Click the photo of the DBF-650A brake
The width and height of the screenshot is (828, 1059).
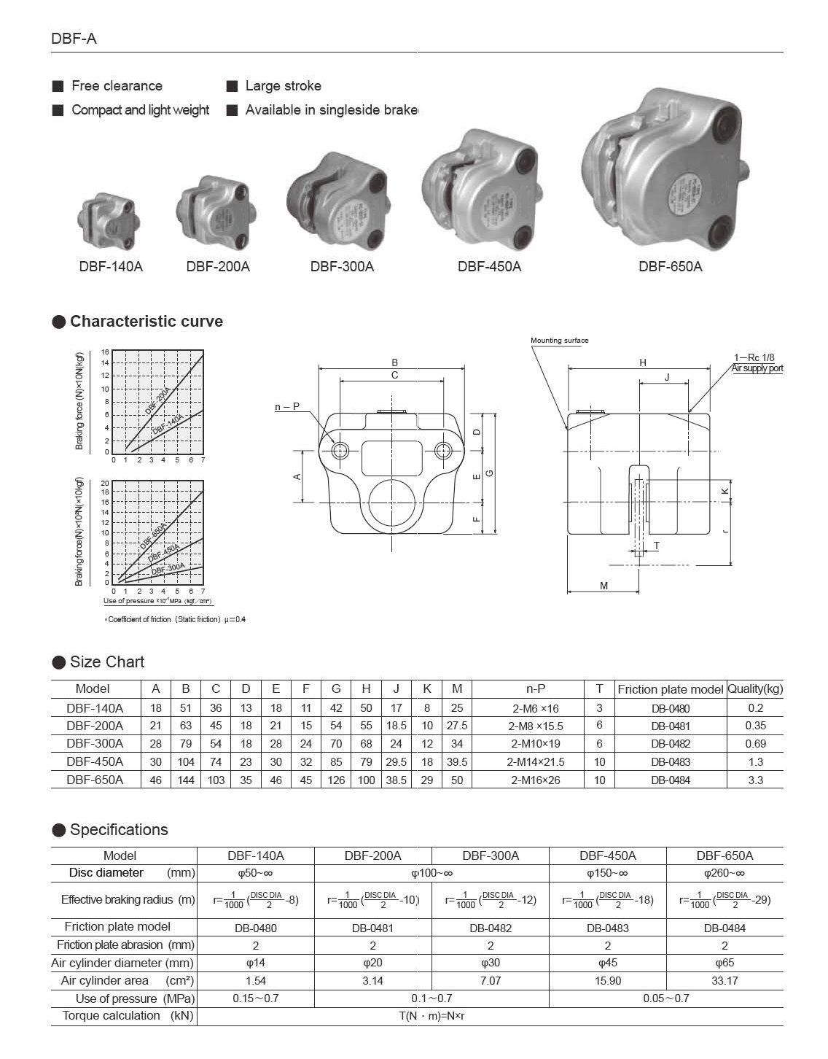click(667, 171)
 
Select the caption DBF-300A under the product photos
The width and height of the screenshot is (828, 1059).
click(342, 267)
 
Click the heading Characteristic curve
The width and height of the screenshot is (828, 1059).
click(146, 322)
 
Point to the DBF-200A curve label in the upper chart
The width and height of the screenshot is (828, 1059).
click(159, 400)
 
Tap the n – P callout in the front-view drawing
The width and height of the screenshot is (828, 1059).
click(286, 407)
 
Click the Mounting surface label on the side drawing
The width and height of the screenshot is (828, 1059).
click(559, 341)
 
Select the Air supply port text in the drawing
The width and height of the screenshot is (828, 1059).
click(757, 368)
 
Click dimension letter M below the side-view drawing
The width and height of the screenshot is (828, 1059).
click(604, 586)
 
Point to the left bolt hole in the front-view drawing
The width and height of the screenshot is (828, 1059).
click(340, 451)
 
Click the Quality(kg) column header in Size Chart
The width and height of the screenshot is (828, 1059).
click(755, 688)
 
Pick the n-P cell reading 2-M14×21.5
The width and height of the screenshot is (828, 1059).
click(536, 762)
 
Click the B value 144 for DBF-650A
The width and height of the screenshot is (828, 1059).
click(186, 780)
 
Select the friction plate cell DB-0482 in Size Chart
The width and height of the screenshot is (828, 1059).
click(670, 744)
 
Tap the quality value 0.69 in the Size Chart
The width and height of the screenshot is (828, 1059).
click(755, 744)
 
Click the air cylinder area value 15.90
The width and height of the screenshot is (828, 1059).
click(607, 981)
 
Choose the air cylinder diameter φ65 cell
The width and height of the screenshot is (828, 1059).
click(724, 963)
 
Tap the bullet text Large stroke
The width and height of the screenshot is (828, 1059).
click(283, 86)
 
